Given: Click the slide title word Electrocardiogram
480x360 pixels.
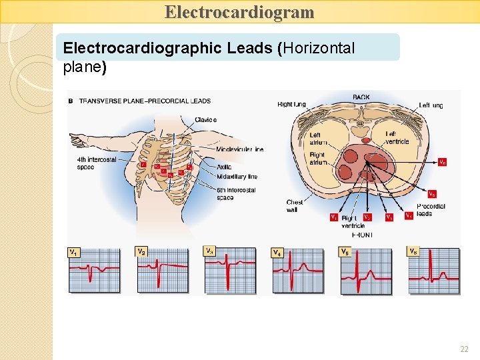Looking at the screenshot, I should point(239,12).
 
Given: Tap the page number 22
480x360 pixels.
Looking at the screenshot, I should point(464,349).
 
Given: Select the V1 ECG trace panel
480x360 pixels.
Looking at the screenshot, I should point(94,271).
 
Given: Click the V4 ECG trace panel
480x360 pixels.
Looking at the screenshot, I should point(297,271).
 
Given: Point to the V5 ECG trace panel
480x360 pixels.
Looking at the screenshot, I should point(365,271).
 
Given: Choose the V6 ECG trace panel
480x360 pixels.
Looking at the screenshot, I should point(433,271).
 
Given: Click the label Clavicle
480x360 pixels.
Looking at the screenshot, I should point(206,120).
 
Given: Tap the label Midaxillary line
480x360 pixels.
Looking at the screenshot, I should point(237,177).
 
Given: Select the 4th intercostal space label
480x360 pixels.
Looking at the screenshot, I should point(96,163).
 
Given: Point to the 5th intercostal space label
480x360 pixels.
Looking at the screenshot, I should point(236,194).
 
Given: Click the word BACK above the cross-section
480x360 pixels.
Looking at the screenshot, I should point(361,97).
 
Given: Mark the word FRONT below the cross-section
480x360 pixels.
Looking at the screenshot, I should point(363,235).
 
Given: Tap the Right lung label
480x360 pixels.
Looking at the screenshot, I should point(291,105).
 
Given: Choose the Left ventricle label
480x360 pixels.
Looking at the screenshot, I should point(397,137).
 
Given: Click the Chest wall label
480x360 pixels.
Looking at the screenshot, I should point(295,206).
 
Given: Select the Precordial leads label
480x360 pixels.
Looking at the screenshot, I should point(431,210).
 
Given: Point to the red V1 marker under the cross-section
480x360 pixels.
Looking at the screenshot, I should point(333,217).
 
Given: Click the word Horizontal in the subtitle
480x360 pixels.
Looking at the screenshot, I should point(320,48).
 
